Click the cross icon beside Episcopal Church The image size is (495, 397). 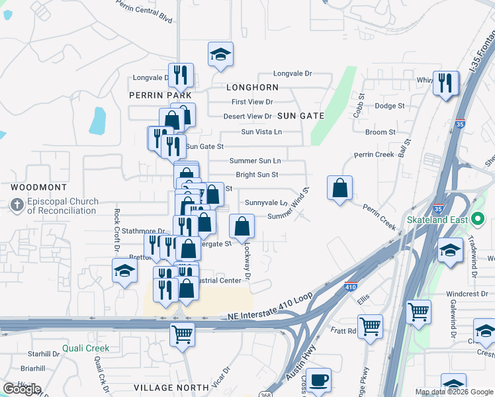(x=17, y=206)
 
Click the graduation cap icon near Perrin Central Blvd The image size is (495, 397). (x=220, y=54)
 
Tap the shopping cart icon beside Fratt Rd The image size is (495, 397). (x=371, y=325)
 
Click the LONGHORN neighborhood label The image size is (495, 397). (x=252, y=87)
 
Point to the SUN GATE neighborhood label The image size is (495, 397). (x=300, y=116)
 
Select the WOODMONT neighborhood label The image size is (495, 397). (x=36, y=188)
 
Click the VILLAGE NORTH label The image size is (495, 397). (x=162, y=387)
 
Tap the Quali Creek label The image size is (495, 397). (x=86, y=348)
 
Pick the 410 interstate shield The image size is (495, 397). (x=351, y=287)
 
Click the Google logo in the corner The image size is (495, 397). (x=22, y=389)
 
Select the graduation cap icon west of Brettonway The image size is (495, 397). (x=124, y=271)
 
